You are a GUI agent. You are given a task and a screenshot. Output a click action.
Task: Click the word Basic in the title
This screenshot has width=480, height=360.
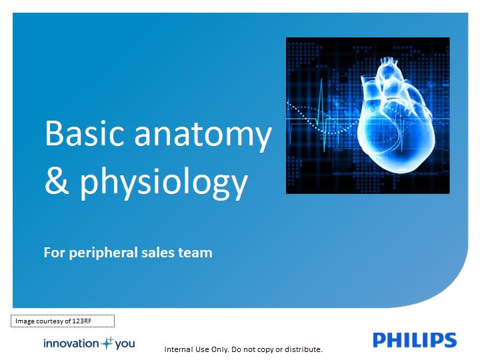pos(85,133)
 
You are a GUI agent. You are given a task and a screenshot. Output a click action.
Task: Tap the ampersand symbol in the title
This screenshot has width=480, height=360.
pos(57,180)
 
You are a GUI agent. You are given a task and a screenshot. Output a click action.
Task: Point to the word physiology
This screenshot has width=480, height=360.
pos(163,183)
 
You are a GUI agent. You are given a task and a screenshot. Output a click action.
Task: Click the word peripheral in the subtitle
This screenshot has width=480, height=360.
pos(103,253)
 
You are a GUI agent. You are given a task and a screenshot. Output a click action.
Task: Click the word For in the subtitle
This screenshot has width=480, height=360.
pos(54,253)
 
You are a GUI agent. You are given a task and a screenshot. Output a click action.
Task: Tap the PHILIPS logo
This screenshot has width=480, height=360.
pos(415,340)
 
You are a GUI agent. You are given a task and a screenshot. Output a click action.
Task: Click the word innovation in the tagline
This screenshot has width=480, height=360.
pos(71,343)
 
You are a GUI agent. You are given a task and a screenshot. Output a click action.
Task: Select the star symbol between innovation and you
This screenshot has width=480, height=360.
pos(107,343)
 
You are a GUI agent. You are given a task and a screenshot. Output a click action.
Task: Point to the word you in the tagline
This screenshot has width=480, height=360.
pos(125,344)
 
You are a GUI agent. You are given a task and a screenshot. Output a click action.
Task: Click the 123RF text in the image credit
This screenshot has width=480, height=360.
pos(82,321)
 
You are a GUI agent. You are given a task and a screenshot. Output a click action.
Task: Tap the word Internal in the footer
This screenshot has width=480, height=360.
pos(176,349)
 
